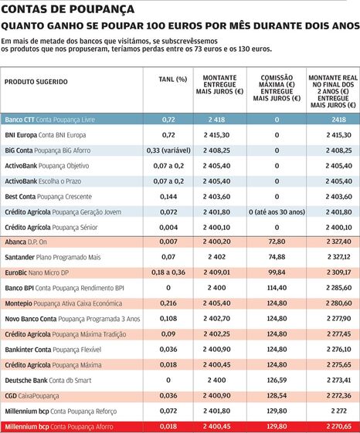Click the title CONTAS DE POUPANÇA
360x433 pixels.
(68, 9)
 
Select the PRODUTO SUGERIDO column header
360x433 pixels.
(36, 82)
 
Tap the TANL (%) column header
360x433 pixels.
(173, 79)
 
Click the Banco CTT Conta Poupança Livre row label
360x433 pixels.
(49, 120)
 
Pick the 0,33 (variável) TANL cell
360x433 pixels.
(168, 151)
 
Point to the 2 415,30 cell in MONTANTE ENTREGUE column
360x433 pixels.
(217, 135)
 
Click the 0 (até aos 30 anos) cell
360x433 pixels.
(277, 212)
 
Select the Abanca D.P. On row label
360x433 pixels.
(25, 242)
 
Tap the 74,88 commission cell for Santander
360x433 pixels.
(277, 257)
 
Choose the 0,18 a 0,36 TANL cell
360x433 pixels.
(168, 272)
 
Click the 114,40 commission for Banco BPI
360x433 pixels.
(277, 288)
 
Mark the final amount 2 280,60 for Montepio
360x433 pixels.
(338, 303)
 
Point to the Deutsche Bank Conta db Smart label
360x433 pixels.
(48, 381)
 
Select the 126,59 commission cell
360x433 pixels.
(277, 381)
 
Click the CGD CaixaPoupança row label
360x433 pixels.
(32, 396)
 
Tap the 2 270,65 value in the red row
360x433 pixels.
(338, 426)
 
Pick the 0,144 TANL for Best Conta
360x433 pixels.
(168, 197)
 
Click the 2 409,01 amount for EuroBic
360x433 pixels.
(217, 272)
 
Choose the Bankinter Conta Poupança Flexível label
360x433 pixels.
(53, 350)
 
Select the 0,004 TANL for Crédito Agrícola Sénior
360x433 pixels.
(168, 228)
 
